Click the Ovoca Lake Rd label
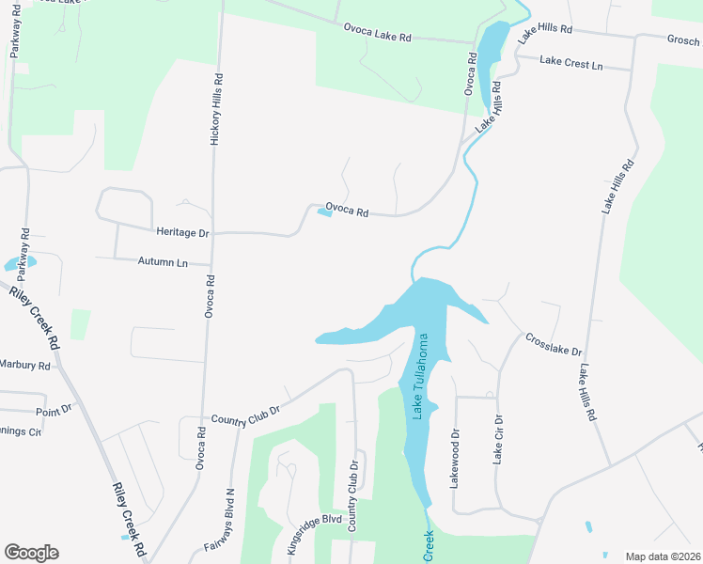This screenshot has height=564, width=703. tap(377, 37)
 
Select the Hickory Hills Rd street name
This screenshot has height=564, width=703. tap(218, 108)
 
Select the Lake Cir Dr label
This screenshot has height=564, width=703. tap(498, 439)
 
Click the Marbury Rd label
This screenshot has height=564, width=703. tap(24, 365)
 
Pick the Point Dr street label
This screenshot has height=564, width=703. tap(53, 410)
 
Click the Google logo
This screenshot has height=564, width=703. tap(31, 553)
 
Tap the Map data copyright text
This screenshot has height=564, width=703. tap(663, 556)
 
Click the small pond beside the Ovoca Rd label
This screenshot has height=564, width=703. tap(324, 212)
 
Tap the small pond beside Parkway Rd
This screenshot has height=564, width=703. tap(20, 263)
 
